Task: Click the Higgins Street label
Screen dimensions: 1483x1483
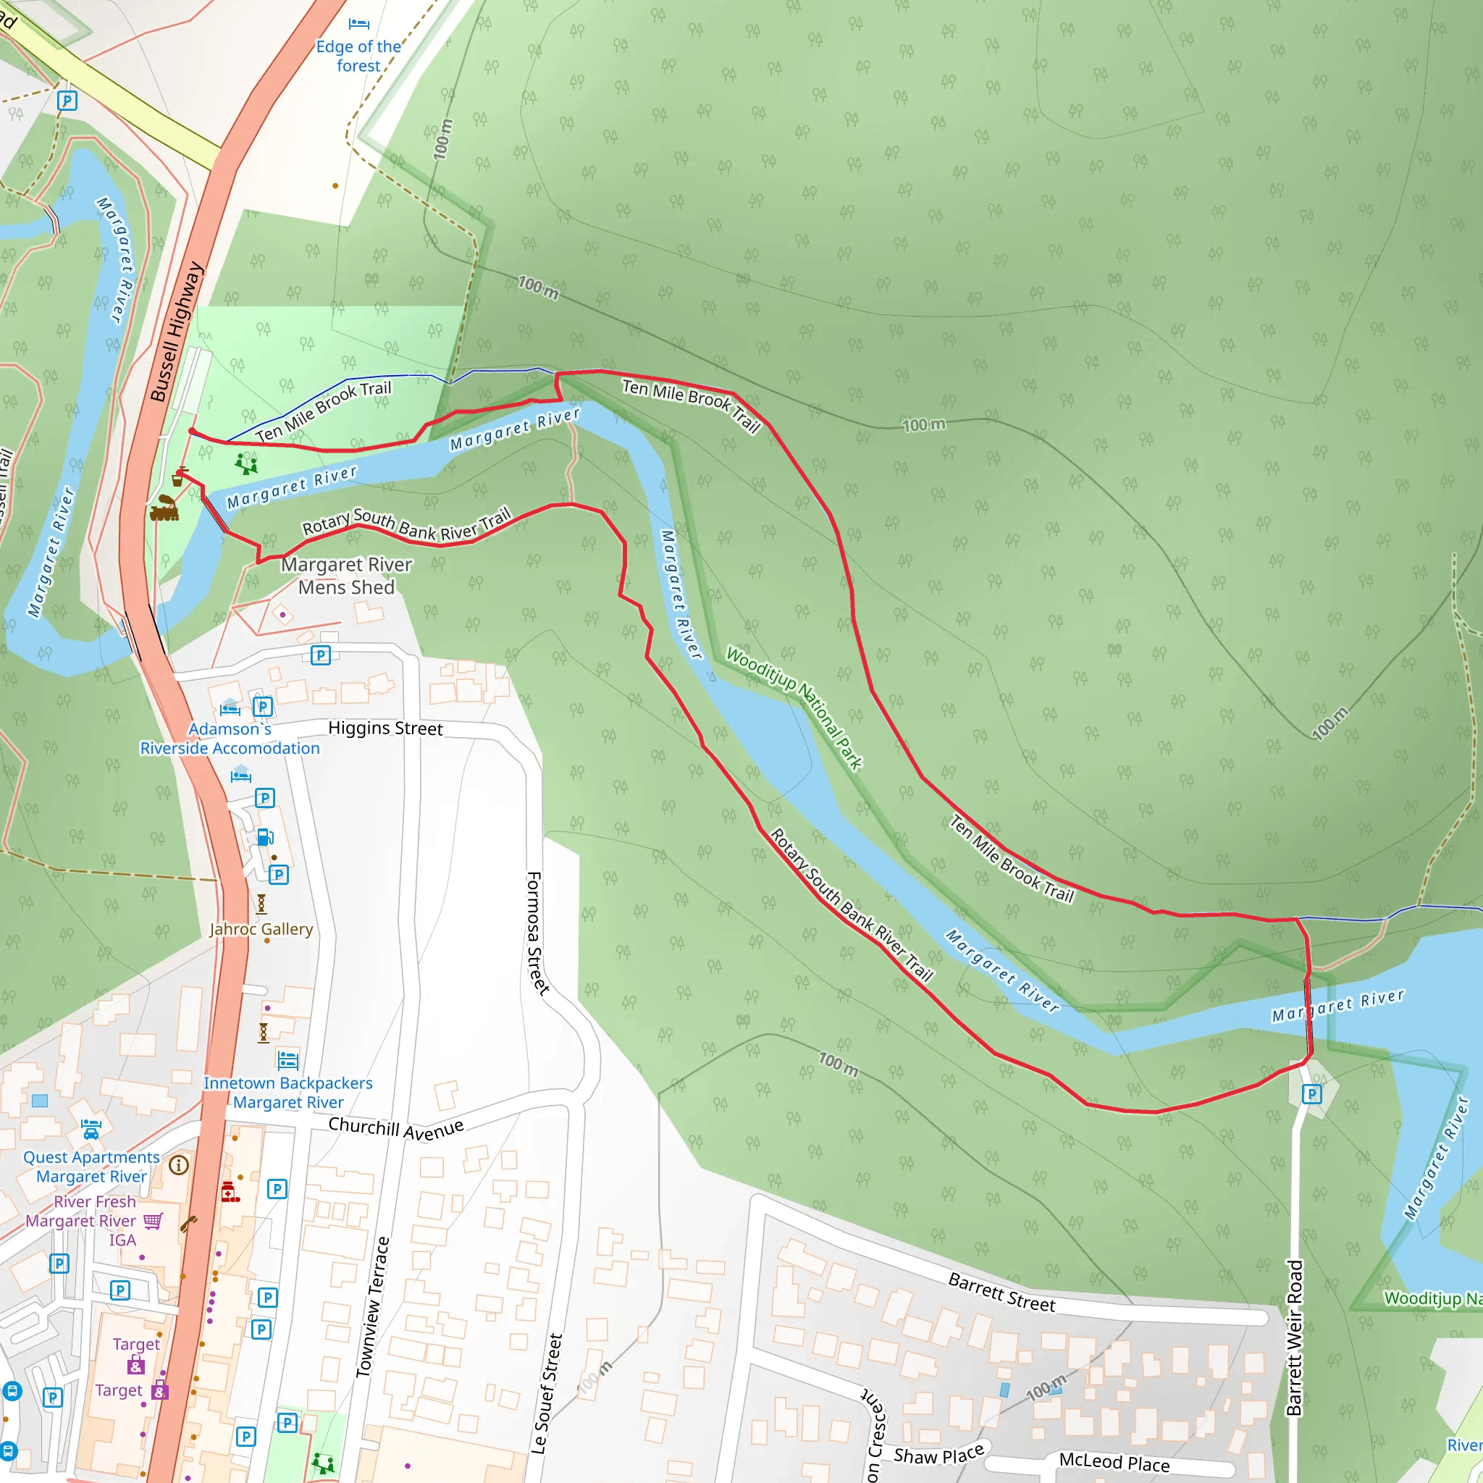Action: tap(385, 728)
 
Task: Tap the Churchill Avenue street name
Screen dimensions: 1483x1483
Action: tap(395, 1128)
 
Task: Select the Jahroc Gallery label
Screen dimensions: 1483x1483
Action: tap(261, 929)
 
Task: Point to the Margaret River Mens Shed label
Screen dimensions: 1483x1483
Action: tap(346, 576)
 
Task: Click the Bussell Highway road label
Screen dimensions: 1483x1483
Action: tap(176, 332)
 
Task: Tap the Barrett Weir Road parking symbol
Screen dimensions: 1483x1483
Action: tap(1311, 1094)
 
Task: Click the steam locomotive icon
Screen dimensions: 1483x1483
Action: tap(164, 508)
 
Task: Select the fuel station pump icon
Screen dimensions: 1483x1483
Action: tap(265, 836)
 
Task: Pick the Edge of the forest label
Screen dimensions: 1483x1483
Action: tap(358, 56)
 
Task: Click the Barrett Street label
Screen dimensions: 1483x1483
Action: tap(1001, 1292)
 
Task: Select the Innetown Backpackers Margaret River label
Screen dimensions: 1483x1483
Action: tap(288, 1092)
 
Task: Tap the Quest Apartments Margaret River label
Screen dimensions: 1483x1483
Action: tap(91, 1167)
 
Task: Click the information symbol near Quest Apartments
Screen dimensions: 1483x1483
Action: tap(179, 1165)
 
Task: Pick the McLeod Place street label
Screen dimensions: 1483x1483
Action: tap(1114, 1461)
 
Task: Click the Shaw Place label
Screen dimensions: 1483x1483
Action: tap(938, 1453)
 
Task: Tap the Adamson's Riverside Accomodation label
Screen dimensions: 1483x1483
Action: tap(230, 739)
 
